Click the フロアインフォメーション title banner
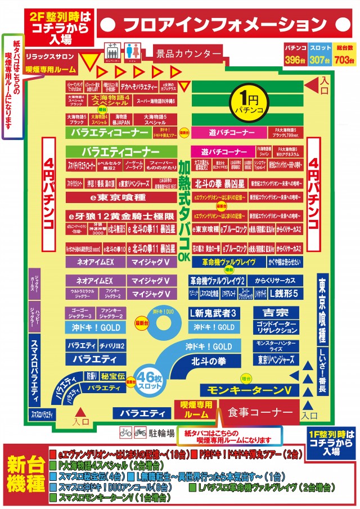224,25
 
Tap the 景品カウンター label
188,54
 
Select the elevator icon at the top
112,53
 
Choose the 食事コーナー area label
260,412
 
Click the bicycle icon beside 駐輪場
125,433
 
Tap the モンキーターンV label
249,390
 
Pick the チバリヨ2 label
112,345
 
